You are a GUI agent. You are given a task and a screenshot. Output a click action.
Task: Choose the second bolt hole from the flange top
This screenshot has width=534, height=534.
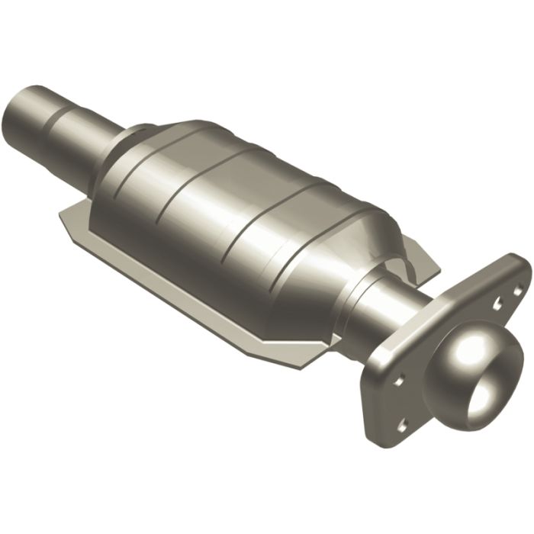[x=496, y=304]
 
